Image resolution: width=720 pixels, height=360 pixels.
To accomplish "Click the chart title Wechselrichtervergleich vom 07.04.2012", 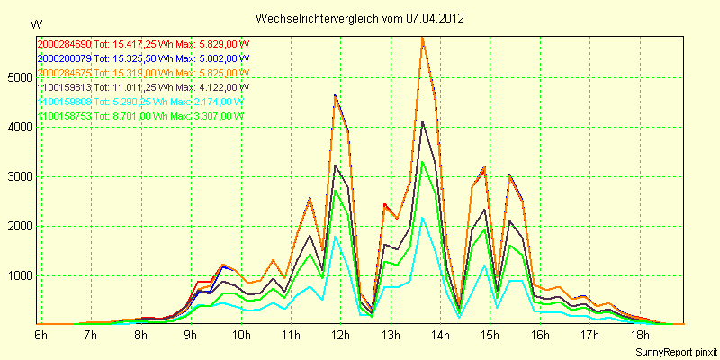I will click(x=360, y=18).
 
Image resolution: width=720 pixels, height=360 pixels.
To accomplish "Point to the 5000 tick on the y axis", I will click(x=19, y=77).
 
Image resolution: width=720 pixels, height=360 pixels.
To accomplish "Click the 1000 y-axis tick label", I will click(x=19, y=275).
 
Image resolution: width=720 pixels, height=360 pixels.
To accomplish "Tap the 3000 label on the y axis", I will click(x=19, y=176).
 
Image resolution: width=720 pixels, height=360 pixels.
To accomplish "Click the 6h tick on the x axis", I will click(x=40, y=335).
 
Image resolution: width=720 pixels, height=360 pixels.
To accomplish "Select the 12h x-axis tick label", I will click(x=340, y=335).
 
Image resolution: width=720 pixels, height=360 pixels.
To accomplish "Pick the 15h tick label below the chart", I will click(x=490, y=335).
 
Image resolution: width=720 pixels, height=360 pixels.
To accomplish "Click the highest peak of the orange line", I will click(x=422, y=37).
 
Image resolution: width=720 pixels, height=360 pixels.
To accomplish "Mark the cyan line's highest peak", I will click(x=422, y=217).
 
